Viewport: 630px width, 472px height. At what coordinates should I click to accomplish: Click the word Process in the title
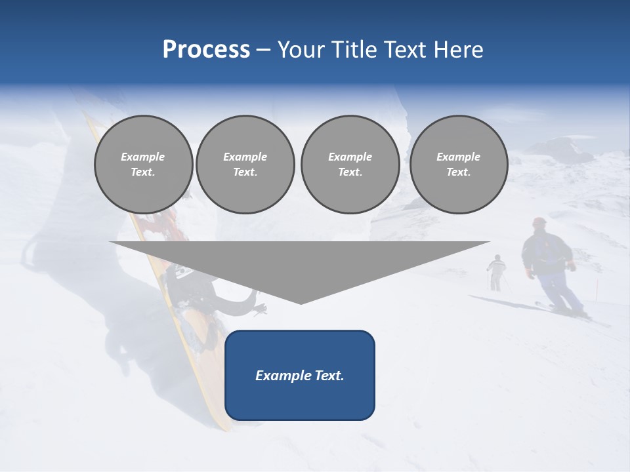coord(206,50)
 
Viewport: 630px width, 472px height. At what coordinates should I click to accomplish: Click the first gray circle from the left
coord(143,165)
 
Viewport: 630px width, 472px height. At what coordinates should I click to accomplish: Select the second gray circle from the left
coord(245,165)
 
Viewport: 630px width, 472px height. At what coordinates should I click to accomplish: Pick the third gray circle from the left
coord(350,165)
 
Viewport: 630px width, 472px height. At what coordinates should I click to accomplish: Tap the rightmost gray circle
coord(458,165)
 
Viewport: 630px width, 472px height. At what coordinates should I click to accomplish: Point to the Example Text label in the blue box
coord(299,376)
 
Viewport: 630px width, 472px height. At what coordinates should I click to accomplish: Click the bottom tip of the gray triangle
coord(301,303)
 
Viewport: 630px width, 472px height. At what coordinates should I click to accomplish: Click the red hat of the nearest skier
coord(539,222)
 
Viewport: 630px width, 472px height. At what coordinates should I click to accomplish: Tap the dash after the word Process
coord(263,50)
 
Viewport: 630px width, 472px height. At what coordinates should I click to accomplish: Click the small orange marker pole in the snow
coord(597,287)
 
